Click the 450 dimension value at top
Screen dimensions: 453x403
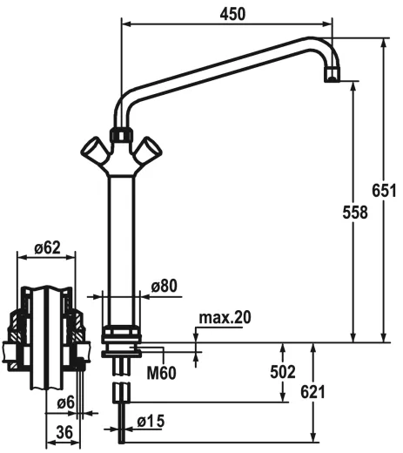[232, 14]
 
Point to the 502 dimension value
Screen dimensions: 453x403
[283, 372]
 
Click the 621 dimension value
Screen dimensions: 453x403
[312, 392]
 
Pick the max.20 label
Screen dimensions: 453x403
[225, 317]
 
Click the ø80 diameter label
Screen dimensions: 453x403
[164, 285]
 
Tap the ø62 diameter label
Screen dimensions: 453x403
[47, 248]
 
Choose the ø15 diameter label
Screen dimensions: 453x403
[151, 422]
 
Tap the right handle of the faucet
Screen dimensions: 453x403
[149, 151]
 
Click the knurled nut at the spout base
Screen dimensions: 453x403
[120, 137]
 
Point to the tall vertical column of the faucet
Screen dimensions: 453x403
[121, 235]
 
